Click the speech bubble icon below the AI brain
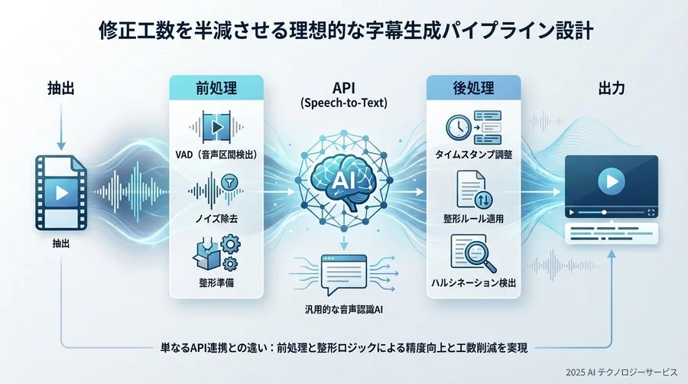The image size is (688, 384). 341,274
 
